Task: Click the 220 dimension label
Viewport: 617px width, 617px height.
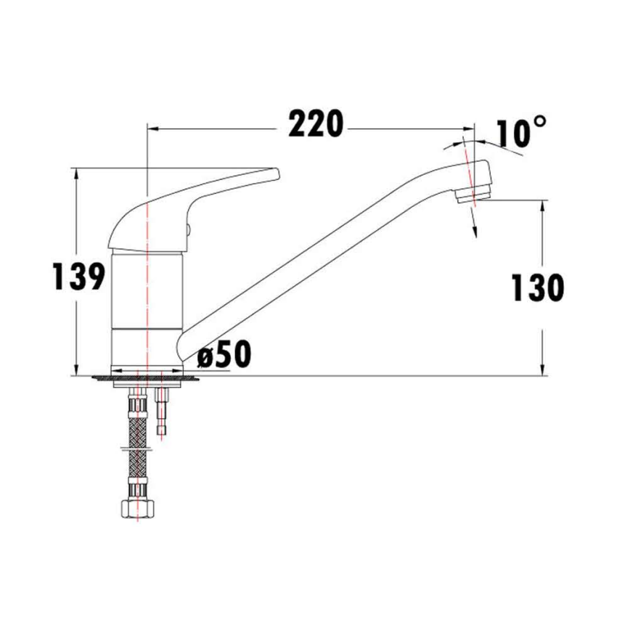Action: click(x=316, y=124)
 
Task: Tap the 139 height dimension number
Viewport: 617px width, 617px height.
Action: click(x=79, y=277)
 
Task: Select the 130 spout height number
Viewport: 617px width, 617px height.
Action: click(x=537, y=287)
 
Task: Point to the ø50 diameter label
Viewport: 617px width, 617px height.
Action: click(x=224, y=354)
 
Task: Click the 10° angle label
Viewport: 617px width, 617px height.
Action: click(x=521, y=132)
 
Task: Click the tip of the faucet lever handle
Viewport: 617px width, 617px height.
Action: click(x=277, y=174)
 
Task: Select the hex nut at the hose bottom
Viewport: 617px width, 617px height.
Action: click(x=137, y=508)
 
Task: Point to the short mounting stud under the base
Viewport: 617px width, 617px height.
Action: click(x=161, y=411)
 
